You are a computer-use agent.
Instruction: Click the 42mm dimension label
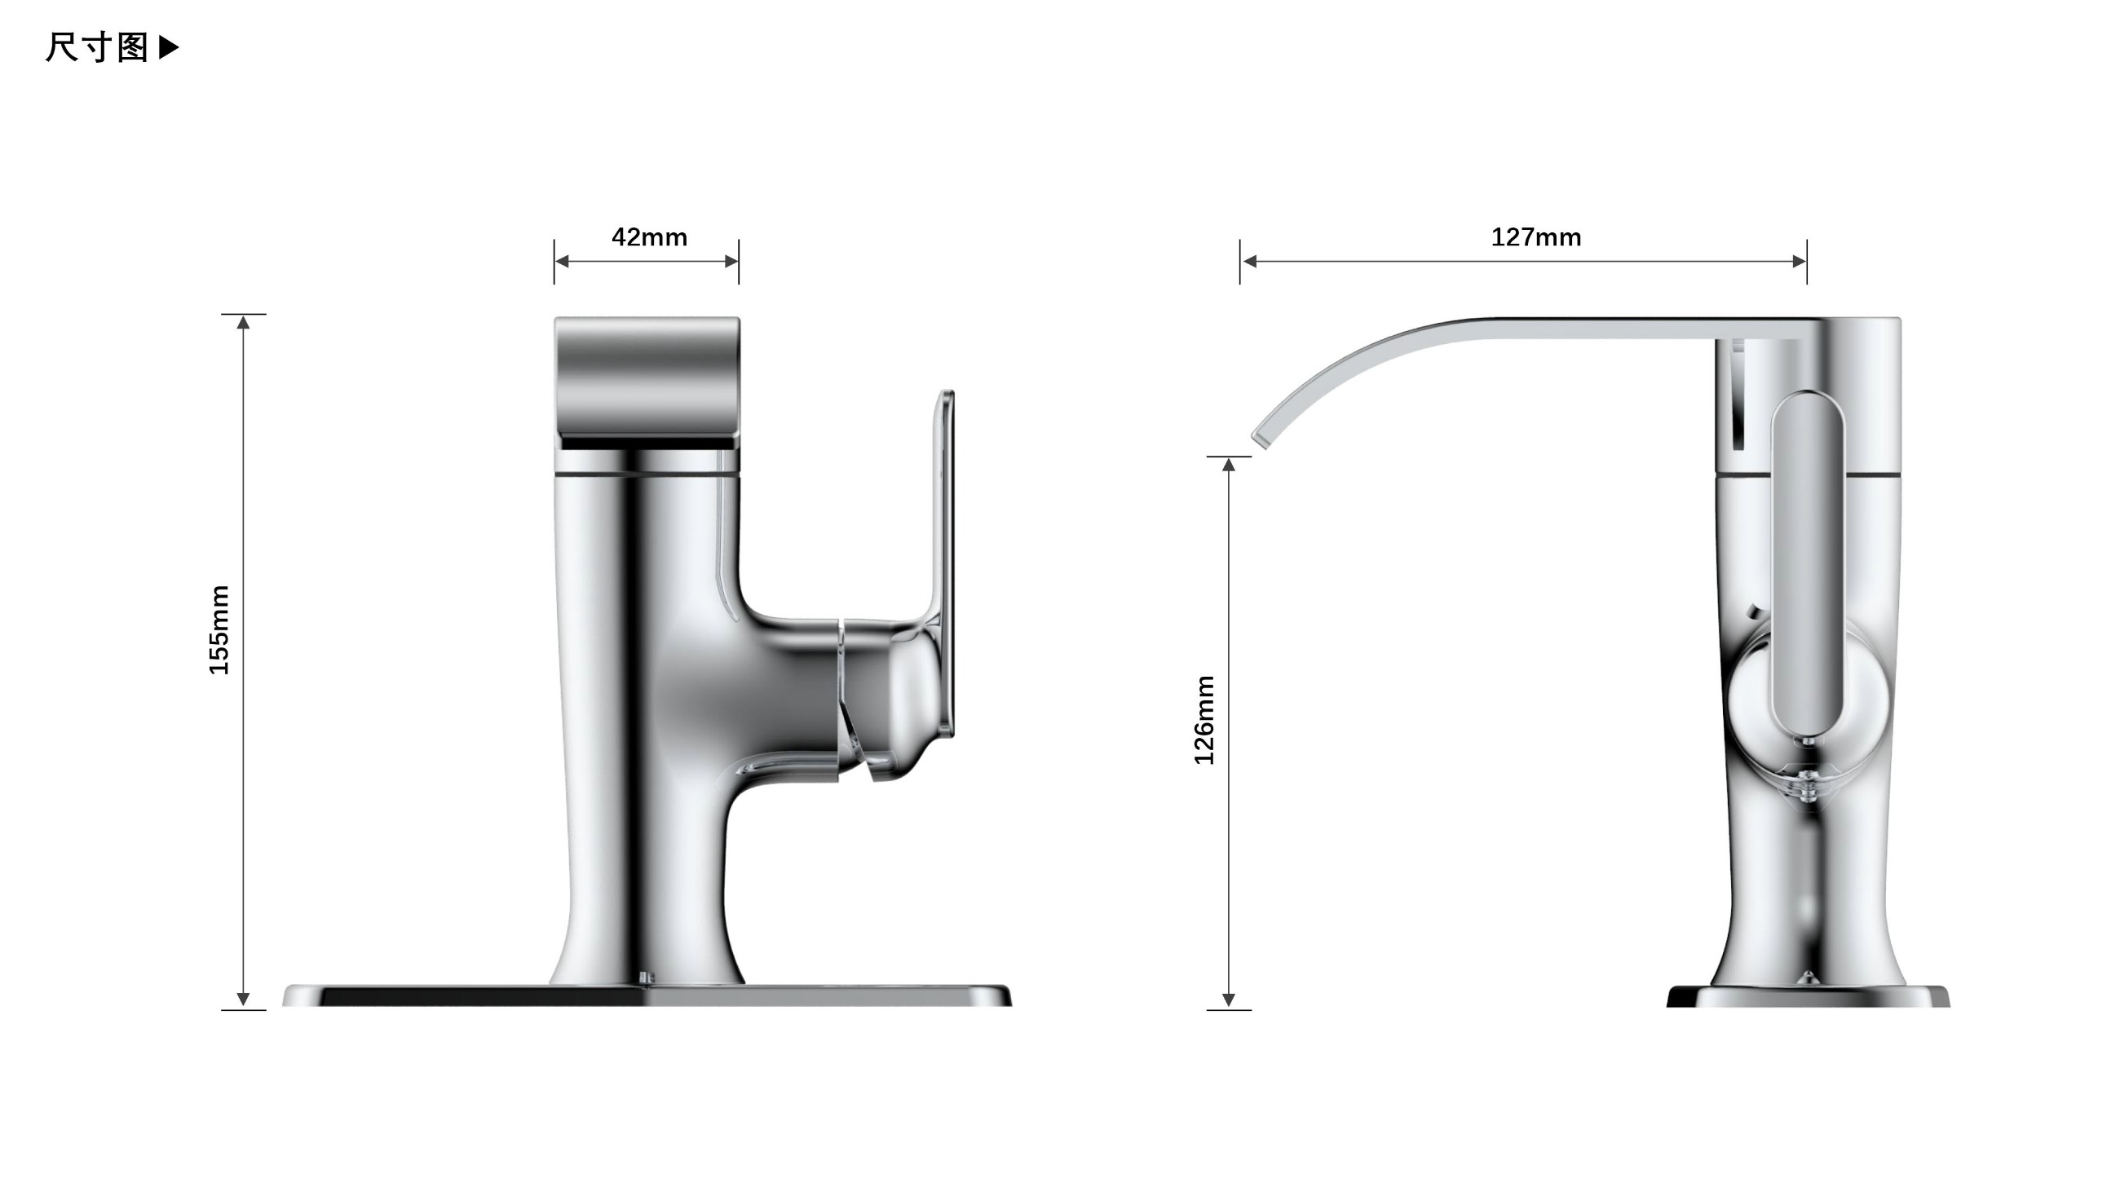click(649, 238)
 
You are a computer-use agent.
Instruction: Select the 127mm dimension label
click(1535, 238)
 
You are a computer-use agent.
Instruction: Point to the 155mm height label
click(219, 630)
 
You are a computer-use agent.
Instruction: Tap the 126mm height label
click(1204, 720)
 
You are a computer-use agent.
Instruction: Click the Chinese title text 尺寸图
click(96, 47)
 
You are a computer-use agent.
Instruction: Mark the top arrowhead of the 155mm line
click(243, 322)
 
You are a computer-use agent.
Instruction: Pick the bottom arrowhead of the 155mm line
click(243, 1000)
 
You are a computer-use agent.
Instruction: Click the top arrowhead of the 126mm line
click(1229, 465)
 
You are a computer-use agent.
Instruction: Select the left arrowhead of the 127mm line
click(1249, 262)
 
